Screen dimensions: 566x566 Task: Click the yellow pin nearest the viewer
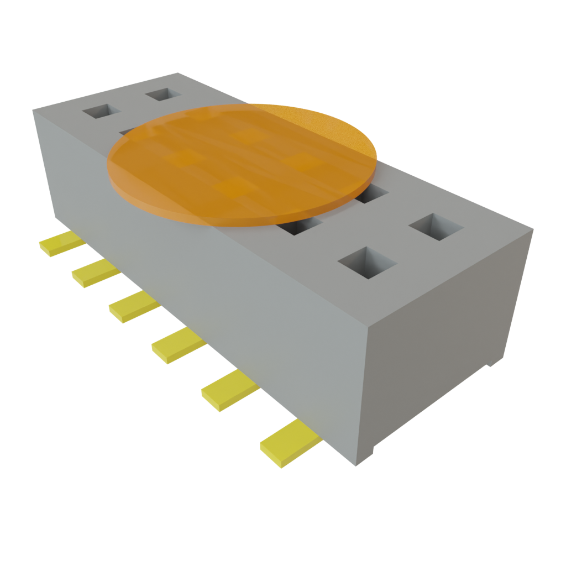point(289,443)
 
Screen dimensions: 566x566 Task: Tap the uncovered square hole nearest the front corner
point(368,262)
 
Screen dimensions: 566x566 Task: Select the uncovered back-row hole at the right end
point(436,227)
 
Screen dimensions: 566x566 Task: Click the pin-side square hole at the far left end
point(101,111)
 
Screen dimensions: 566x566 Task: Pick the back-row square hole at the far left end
point(164,94)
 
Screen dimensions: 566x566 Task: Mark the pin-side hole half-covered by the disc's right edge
point(301,226)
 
